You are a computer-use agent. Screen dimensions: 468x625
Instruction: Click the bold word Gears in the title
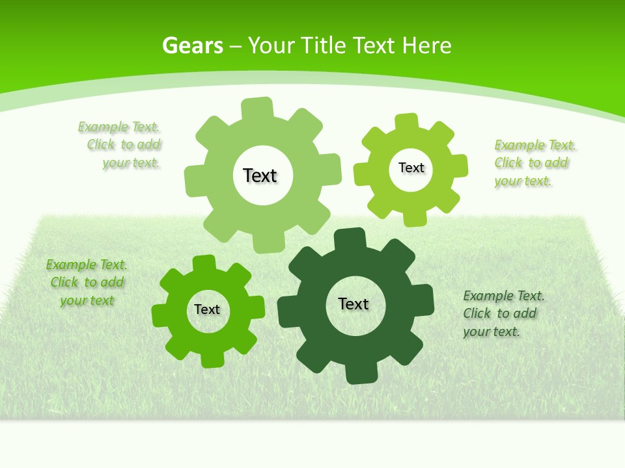pos(192,45)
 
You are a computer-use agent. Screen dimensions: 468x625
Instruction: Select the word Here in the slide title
pos(426,45)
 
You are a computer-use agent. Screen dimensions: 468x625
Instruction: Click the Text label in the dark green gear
pos(354,304)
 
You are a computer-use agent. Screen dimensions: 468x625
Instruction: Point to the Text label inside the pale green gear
pos(260,175)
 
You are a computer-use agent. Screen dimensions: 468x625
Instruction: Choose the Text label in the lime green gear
pos(411,168)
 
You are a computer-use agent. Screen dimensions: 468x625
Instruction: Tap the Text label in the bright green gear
pos(207,309)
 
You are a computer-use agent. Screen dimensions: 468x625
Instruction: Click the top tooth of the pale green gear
pos(257,108)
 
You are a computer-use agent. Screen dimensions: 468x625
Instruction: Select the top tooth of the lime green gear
pos(407,122)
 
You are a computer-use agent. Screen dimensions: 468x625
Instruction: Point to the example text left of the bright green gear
pos(86,282)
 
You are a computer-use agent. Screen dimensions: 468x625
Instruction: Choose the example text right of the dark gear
pos(503,313)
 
